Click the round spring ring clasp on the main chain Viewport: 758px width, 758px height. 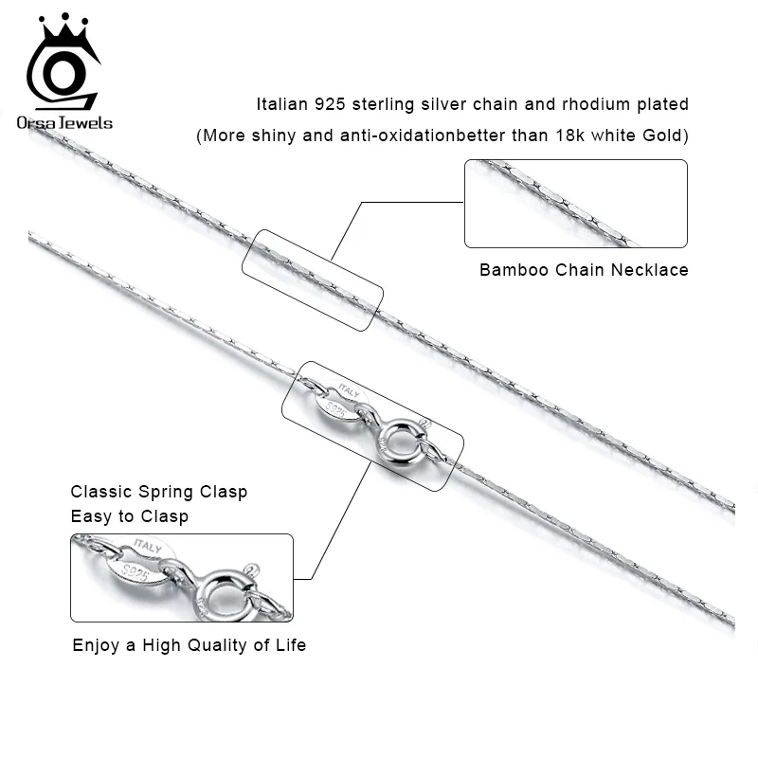click(x=395, y=440)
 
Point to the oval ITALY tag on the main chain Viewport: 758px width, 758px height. click(x=344, y=397)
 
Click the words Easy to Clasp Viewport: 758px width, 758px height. click(x=130, y=516)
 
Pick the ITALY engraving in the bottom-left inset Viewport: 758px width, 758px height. click(x=152, y=549)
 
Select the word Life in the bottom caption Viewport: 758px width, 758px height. click(x=290, y=645)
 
